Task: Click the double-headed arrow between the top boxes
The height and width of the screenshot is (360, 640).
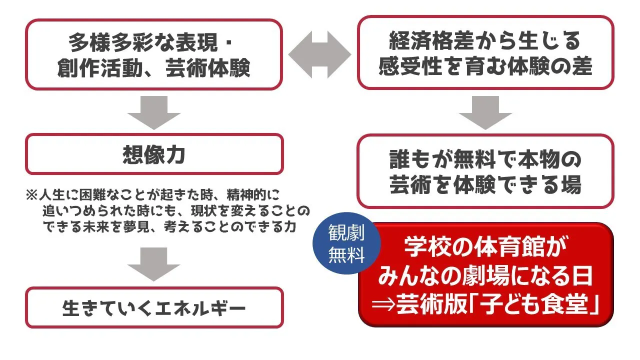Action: [x=319, y=54]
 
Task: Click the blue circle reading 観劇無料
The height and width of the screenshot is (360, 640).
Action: [x=346, y=243]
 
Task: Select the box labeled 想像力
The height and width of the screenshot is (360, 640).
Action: [x=154, y=154]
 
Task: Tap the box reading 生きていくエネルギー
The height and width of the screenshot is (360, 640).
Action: [x=154, y=307]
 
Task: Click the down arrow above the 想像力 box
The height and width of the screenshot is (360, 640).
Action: [x=154, y=112]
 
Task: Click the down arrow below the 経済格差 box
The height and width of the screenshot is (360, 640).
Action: [x=485, y=112]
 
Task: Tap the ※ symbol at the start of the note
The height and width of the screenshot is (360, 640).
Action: [x=31, y=195]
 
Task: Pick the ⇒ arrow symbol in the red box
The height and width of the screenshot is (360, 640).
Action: [x=383, y=304]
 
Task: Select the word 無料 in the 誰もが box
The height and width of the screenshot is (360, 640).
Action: [x=474, y=159]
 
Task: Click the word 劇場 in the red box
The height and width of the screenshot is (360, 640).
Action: [x=487, y=276]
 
